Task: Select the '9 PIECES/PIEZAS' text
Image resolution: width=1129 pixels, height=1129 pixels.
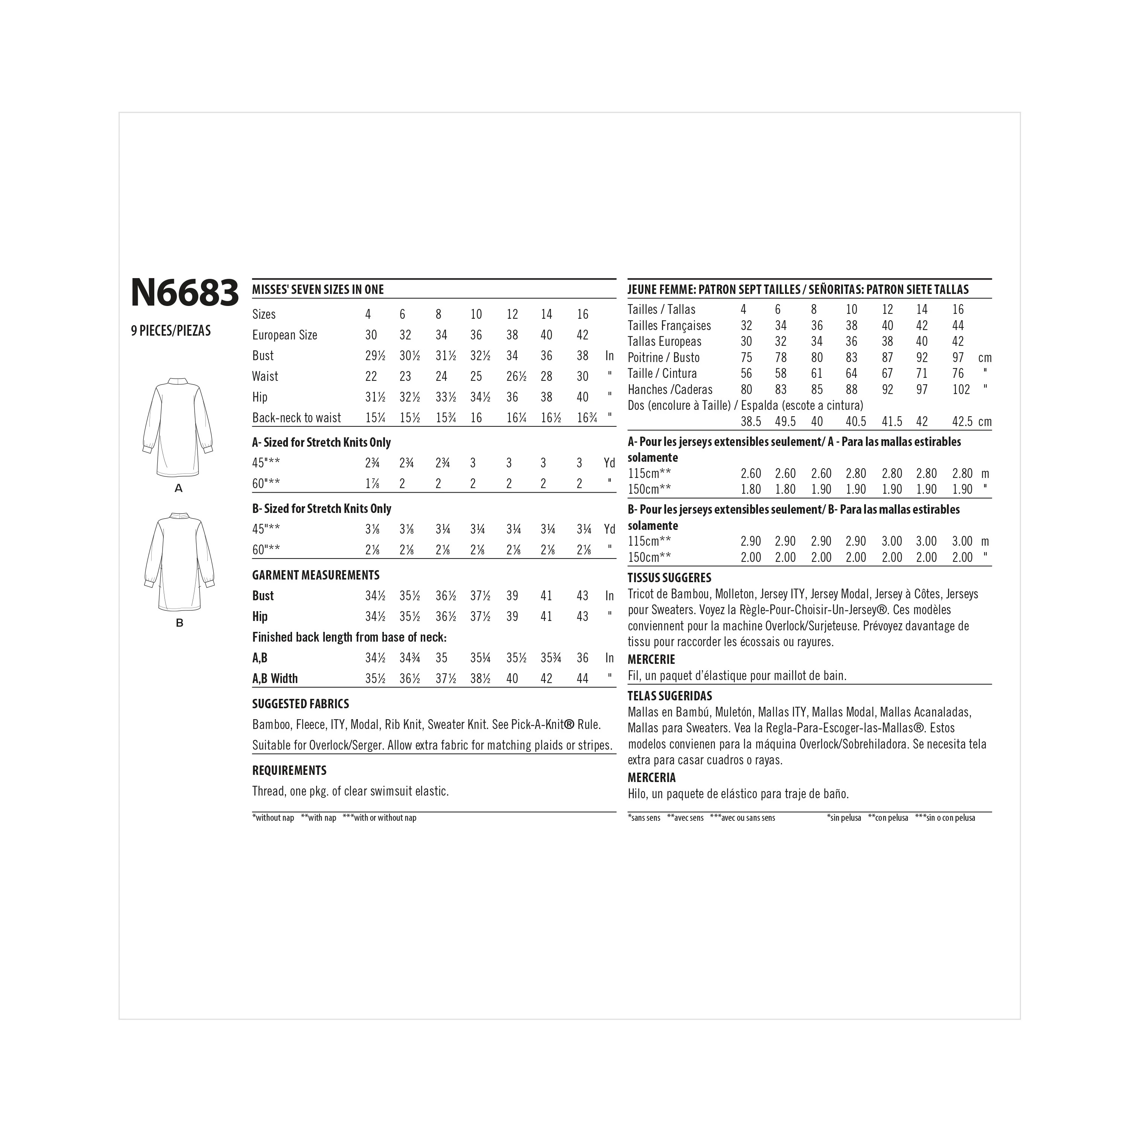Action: [170, 331]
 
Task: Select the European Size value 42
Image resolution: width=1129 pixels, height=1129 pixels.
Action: [582, 335]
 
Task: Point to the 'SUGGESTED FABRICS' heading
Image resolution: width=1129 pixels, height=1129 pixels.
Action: [300, 704]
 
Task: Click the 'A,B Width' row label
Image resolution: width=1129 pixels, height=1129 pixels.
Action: [275, 679]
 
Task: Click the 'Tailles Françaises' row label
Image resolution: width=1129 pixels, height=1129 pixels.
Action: [669, 326]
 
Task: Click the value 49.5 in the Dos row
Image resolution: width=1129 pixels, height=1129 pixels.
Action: [785, 422]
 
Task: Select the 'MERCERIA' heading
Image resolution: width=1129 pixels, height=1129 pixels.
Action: [651, 778]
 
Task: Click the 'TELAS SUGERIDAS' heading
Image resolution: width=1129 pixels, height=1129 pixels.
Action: [670, 696]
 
